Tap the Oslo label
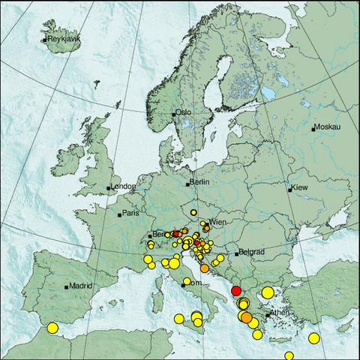pyautogui.click(x=184, y=112)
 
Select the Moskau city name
pyautogui.click(x=327, y=127)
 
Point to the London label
pyautogui.click(x=122, y=187)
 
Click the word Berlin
pyautogui.click(x=199, y=182)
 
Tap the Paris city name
pyautogui.click(x=131, y=214)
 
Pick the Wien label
pyautogui.click(x=217, y=223)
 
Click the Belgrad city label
pyautogui.click(x=250, y=253)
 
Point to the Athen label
pyautogui.click(x=278, y=312)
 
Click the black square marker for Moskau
pyautogui.click(x=313, y=129)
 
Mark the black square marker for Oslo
pyautogui.click(x=174, y=114)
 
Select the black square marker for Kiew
pyautogui.click(x=289, y=190)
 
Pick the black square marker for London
pyautogui.click(x=109, y=187)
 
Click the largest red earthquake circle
pyautogui.click(x=236, y=291)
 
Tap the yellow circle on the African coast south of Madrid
pyautogui.click(x=52, y=328)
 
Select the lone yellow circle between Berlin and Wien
pyautogui.click(x=193, y=212)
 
